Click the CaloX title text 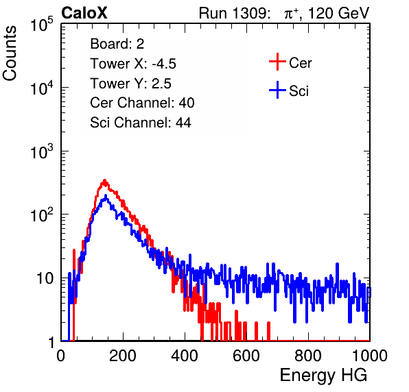84,13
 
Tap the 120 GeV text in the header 339,13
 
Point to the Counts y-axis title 10,53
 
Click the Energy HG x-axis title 323,376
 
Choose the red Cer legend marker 277,62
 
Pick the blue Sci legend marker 277,90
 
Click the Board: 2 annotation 117,44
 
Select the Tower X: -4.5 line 133,64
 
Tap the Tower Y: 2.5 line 130,84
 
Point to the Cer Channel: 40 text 142,103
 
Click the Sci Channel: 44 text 141,123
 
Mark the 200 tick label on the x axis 123,356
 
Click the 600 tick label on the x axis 246,356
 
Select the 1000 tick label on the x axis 370,356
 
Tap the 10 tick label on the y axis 45,278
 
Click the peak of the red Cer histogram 104,180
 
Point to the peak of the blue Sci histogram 106,195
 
